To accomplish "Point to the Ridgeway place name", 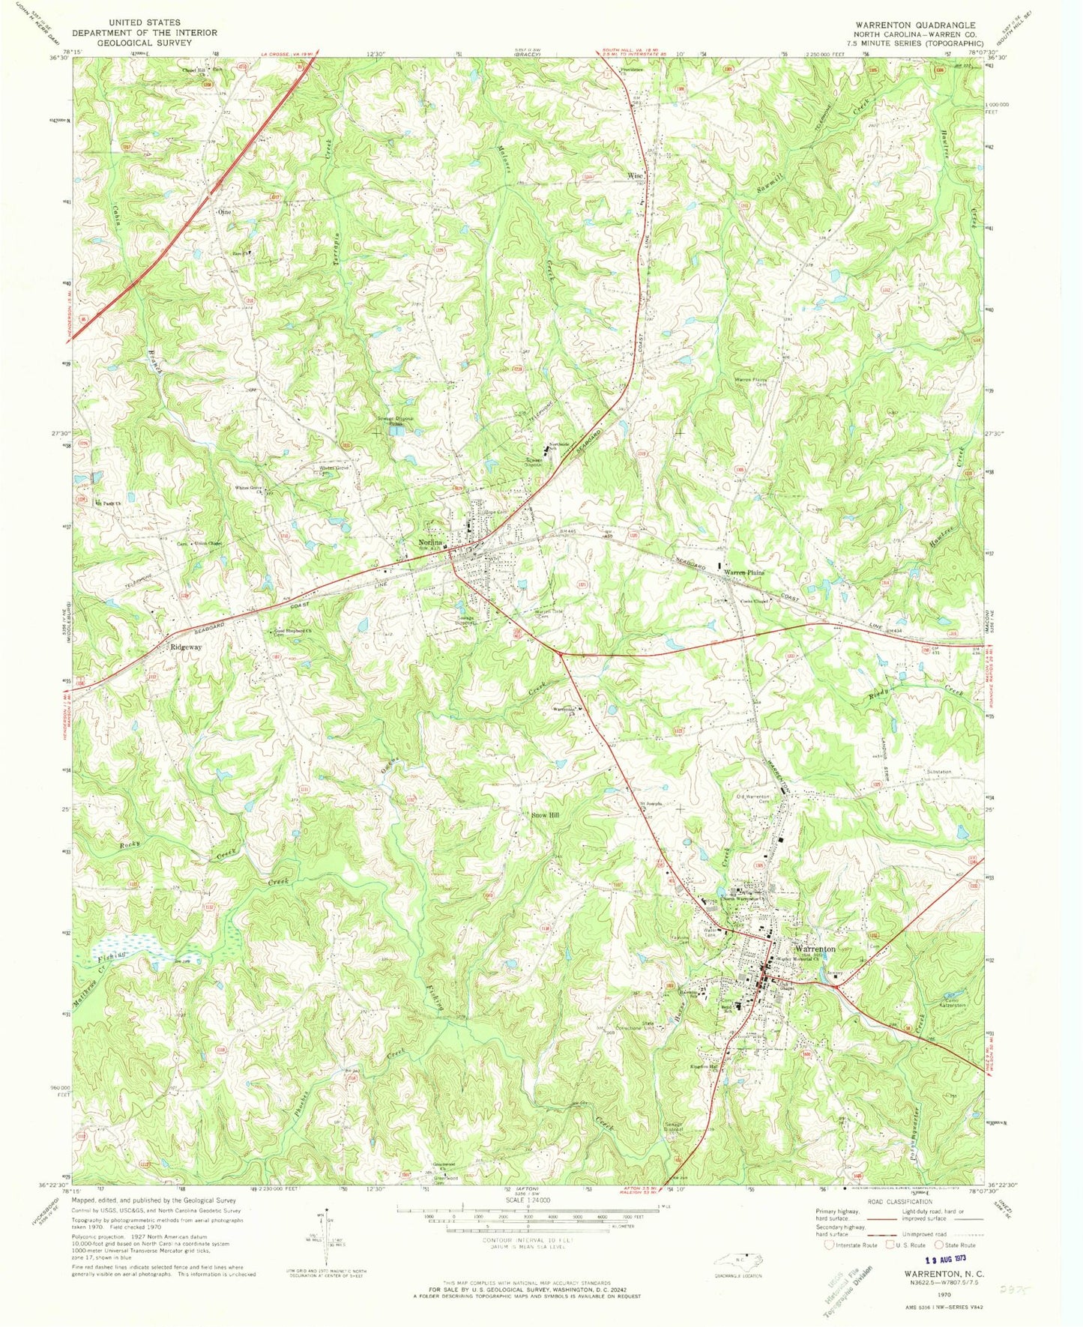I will [185, 647].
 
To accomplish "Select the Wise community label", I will [635, 176].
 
